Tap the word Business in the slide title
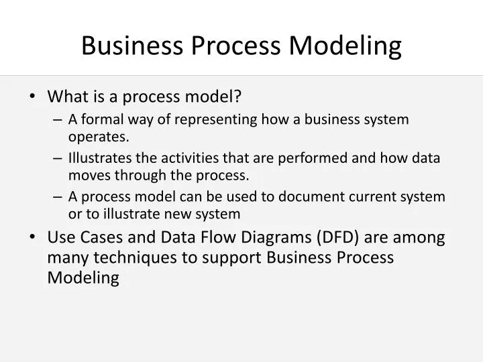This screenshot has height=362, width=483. pyautogui.click(x=129, y=46)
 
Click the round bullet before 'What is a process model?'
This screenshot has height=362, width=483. pyautogui.click(x=33, y=97)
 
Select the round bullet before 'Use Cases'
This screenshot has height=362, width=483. pyautogui.click(x=33, y=238)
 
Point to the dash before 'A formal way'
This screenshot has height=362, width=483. pyautogui.click(x=57, y=120)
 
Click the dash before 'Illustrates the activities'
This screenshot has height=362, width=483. pyautogui.click(x=57, y=158)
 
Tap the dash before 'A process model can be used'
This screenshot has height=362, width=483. pyautogui.click(x=57, y=196)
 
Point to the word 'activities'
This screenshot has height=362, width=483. pyautogui.click(x=182, y=158)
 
